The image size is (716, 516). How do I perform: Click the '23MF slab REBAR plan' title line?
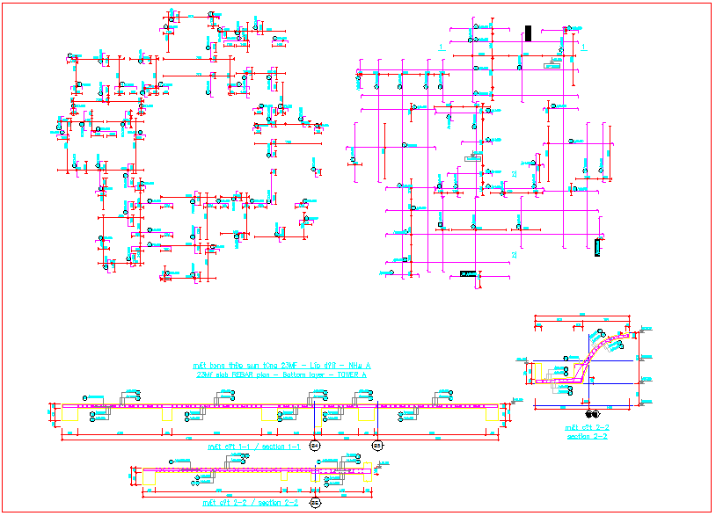pos(281,374)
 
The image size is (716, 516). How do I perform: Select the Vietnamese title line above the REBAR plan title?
pos(281,365)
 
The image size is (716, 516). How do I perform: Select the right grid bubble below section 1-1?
pos(377,445)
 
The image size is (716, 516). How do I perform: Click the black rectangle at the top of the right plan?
pos(528,34)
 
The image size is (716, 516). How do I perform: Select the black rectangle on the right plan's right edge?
pos(598,246)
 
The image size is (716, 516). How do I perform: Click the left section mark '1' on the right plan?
pos(441,47)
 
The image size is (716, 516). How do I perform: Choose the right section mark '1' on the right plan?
pos(585,47)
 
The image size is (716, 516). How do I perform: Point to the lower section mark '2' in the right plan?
pos(513,255)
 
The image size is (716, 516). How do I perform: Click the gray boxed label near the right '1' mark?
pos(552,66)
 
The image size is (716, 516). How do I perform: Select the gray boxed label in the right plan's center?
pos(473,158)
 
